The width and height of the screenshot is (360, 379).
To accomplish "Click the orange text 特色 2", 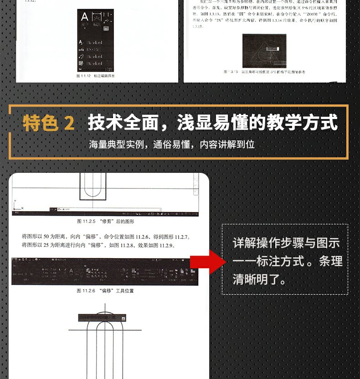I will coord(48,124).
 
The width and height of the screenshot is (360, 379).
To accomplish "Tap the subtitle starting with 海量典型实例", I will coord(171,145).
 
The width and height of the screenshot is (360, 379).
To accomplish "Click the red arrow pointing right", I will coord(208,262).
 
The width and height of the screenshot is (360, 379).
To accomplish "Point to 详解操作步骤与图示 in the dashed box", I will coord(286,243).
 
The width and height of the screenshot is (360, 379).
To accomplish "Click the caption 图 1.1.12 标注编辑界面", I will coord(96,76).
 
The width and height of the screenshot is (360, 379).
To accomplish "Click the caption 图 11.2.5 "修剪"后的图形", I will coord(105,221).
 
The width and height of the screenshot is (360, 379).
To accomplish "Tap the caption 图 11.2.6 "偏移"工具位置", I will coord(105,291).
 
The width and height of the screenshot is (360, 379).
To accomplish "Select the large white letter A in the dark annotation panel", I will coord(84,18).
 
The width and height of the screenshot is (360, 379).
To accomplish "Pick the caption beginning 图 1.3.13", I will coord(264,72).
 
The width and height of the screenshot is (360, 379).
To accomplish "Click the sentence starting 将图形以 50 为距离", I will coord(106,237).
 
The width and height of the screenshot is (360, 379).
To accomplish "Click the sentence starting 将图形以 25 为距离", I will coord(99,245).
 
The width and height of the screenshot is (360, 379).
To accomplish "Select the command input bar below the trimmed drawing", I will coord(105,209).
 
